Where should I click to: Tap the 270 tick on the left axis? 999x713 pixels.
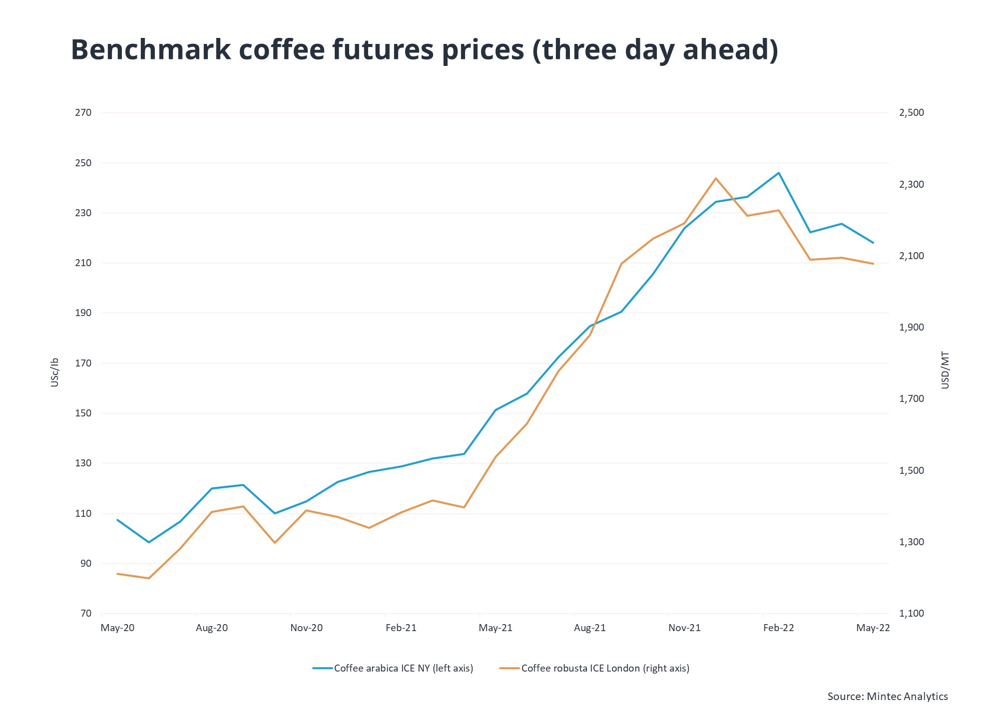pyautogui.click(x=83, y=113)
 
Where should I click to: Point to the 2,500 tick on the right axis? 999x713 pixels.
pyautogui.click(x=911, y=113)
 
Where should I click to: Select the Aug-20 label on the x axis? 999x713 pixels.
pyautogui.click(x=212, y=628)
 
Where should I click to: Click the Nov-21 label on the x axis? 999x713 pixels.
pyautogui.click(x=684, y=628)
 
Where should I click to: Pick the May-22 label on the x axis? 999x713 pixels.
pyautogui.click(x=873, y=628)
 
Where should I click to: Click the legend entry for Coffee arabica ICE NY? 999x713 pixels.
pyautogui.click(x=403, y=668)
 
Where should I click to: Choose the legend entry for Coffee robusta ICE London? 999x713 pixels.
pyautogui.click(x=605, y=668)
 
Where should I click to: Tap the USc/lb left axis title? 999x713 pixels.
pyautogui.click(x=55, y=372)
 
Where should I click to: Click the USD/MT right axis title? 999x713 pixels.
pyautogui.click(x=945, y=370)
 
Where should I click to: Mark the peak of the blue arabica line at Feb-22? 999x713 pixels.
pyautogui.click(x=778, y=173)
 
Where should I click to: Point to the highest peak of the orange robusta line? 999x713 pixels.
pyautogui.click(x=716, y=178)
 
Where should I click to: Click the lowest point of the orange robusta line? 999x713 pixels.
pyautogui.click(x=149, y=578)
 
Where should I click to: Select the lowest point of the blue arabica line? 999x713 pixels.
pyautogui.click(x=149, y=542)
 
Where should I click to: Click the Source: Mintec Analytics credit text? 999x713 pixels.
pyautogui.click(x=887, y=696)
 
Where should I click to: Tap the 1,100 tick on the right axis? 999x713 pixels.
pyautogui.click(x=911, y=614)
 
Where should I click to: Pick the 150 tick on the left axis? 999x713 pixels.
pyautogui.click(x=83, y=413)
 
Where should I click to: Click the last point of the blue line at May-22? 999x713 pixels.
pyautogui.click(x=873, y=243)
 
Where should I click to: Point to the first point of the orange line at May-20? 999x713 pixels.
pyautogui.click(x=117, y=574)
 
